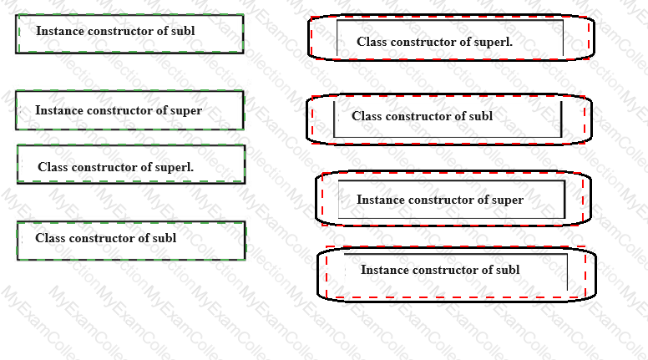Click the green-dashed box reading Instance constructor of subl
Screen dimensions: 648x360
point(129,34)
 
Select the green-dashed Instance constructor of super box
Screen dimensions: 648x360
point(129,110)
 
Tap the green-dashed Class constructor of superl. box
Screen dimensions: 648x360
point(131,164)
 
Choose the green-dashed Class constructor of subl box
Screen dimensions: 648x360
point(131,241)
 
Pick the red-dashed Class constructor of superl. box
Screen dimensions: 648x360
point(451,38)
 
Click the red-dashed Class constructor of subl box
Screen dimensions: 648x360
point(449,119)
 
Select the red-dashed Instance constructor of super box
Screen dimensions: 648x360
point(453,199)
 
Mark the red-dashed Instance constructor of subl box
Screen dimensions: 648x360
point(457,273)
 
